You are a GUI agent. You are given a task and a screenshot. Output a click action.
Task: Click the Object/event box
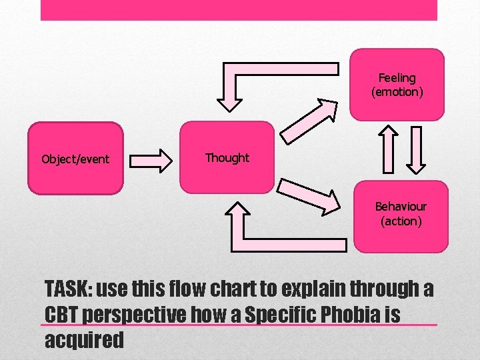[x=75, y=159]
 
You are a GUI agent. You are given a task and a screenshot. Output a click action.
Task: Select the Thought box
[x=227, y=158]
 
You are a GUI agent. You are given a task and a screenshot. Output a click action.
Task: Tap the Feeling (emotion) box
[x=397, y=85]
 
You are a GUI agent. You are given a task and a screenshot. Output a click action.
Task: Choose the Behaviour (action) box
[x=401, y=215]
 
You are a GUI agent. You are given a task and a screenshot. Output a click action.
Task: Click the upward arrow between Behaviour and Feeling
[x=387, y=151]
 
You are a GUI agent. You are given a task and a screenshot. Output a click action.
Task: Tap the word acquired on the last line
[x=84, y=340]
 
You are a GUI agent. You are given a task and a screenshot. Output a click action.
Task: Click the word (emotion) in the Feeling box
[x=397, y=92]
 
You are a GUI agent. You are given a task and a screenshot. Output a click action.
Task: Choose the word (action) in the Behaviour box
[x=401, y=221]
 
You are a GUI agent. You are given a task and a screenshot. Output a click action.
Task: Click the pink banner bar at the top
[x=239, y=9]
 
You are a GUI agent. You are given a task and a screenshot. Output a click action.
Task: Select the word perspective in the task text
[x=133, y=315]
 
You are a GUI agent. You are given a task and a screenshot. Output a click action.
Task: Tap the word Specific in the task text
[x=273, y=315]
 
